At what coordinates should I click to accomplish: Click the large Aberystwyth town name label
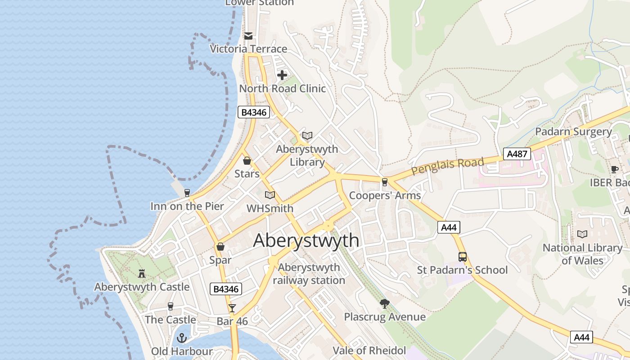[306, 241]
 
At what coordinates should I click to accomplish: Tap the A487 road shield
[517, 154]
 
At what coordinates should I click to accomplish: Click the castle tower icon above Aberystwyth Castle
[142, 273]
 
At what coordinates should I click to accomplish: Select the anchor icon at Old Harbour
[182, 337]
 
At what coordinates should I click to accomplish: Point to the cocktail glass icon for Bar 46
[232, 308]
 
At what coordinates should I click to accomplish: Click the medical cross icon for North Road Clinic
[282, 75]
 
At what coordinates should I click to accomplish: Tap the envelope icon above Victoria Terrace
[248, 36]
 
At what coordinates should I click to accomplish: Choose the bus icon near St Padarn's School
[463, 257]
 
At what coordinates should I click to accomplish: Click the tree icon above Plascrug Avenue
[384, 304]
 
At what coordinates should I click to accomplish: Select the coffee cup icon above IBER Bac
[615, 169]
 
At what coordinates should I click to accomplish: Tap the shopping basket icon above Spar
[220, 247]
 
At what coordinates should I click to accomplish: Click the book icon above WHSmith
[270, 195]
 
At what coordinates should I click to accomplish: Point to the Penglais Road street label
[448, 166]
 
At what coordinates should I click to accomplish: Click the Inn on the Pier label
[187, 207]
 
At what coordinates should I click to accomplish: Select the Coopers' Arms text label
[385, 195]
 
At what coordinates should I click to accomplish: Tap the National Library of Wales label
[582, 254]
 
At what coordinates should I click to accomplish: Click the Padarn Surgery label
[573, 132]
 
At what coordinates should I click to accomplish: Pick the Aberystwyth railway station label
[309, 274]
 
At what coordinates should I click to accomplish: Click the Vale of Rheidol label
[369, 351]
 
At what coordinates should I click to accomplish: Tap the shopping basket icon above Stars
[247, 161]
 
